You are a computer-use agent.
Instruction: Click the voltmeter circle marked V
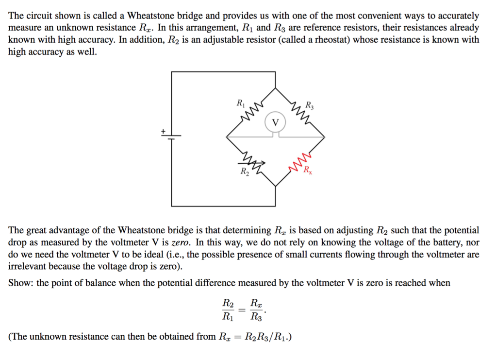pos(276,121)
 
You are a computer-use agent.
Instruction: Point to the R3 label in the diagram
pos(310,104)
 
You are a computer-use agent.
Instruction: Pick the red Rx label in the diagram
pos(308,170)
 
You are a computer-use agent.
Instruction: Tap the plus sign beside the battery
pos(164,131)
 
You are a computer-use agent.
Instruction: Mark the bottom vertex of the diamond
pos(276,186)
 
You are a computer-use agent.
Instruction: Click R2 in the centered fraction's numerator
pos(228,304)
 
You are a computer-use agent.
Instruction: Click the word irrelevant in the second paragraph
pos(30,266)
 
